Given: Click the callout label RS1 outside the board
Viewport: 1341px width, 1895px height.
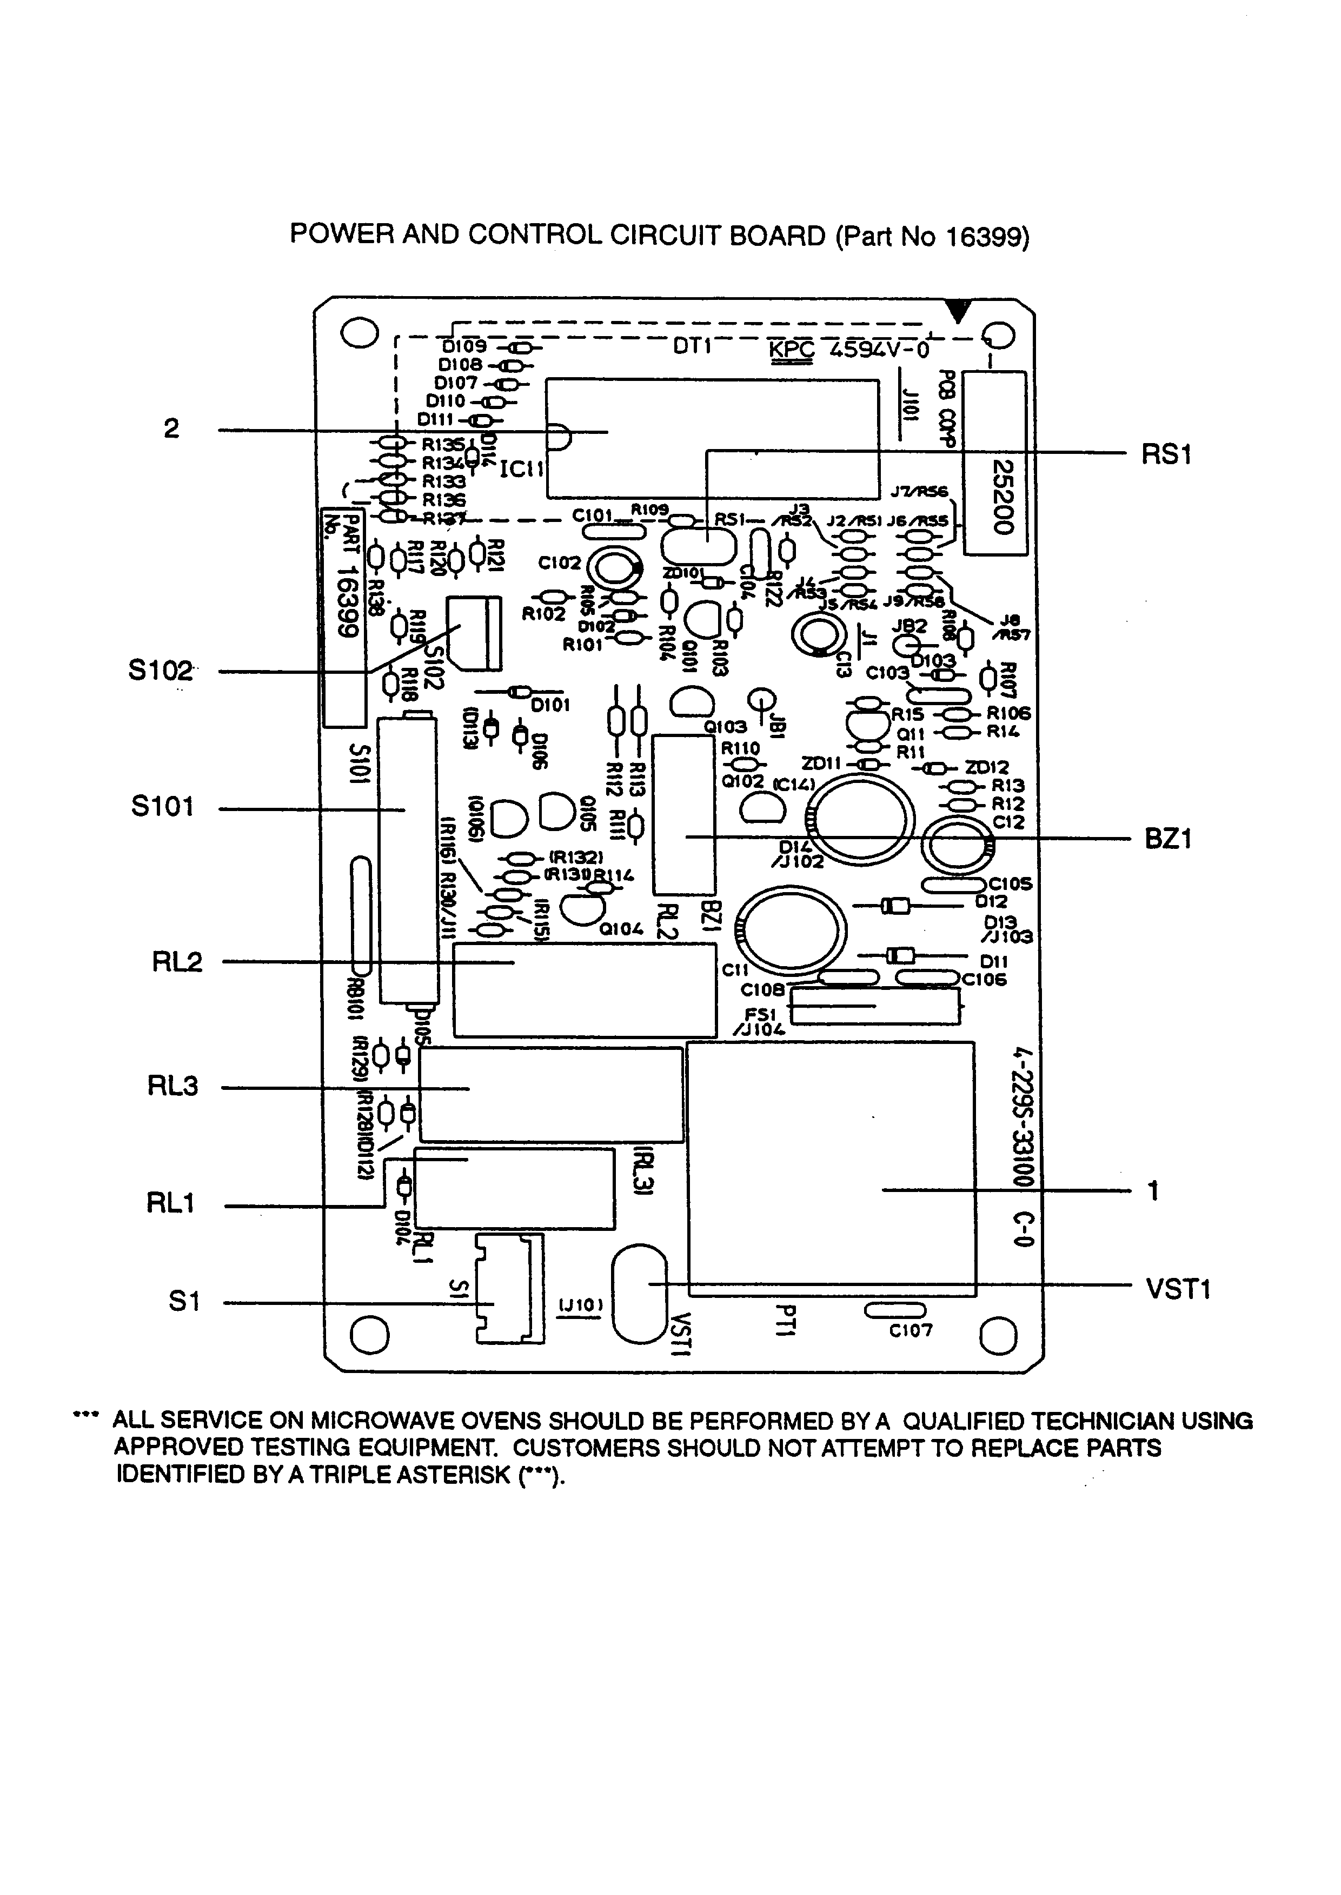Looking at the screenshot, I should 1165,455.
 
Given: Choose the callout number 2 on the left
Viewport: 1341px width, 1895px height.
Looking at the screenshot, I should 171,429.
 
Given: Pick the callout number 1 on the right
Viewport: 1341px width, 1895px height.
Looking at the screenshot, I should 1153,1191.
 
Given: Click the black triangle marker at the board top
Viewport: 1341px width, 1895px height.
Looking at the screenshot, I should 958,311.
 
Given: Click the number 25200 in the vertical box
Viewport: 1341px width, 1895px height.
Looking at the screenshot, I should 1001,497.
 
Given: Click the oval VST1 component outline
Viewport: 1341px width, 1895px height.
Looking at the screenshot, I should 639,1294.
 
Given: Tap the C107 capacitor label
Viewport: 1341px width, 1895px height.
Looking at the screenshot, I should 910,1330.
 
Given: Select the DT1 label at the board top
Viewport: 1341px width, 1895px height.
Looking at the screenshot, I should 692,347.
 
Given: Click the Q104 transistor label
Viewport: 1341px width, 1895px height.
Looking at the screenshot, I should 620,928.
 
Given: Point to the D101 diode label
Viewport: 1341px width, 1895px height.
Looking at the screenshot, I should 550,706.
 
